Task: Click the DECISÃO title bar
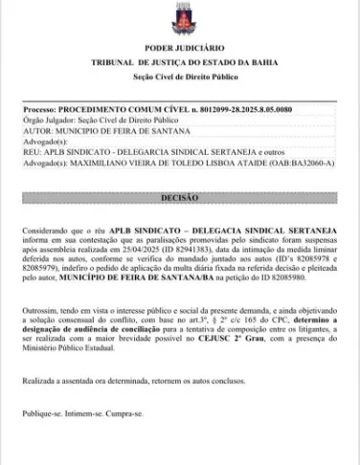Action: click(x=180, y=197)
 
